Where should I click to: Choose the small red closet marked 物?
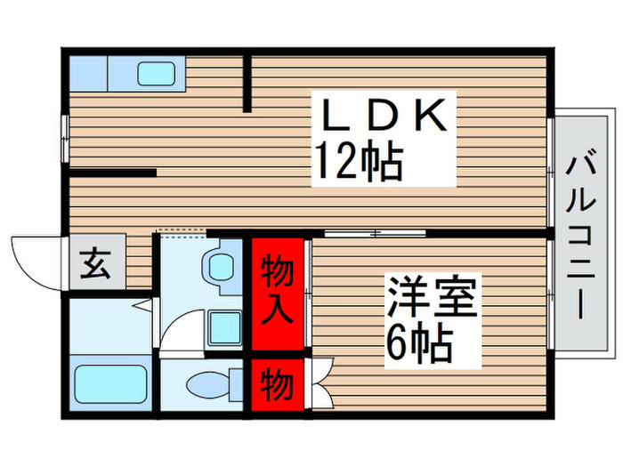point(276,385)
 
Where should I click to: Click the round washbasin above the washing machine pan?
point(217,264)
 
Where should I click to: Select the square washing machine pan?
point(223,328)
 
